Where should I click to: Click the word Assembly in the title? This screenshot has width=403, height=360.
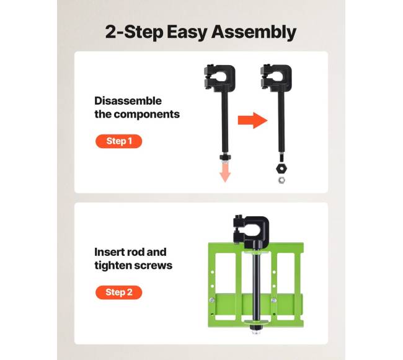click(x=254, y=32)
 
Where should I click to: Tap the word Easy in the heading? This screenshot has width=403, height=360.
click(x=187, y=32)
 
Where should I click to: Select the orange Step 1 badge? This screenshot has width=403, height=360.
click(x=119, y=141)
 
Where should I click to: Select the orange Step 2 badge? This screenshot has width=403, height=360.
click(x=119, y=292)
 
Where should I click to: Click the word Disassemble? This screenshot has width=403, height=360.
click(x=128, y=100)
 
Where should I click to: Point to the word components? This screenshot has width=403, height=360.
click(x=146, y=115)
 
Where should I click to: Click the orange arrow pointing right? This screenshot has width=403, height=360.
click(x=252, y=120)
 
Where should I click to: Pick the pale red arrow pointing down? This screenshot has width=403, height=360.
click(x=225, y=172)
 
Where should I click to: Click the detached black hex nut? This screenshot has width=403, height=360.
click(x=281, y=169)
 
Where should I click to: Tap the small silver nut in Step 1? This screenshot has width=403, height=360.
click(x=281, y=180)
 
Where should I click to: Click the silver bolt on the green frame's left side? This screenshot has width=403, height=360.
click(x=212, y=300)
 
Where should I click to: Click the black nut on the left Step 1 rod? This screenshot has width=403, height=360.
click(x=225, y=157)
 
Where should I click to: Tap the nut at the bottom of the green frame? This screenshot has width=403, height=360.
click(x=256, y=328)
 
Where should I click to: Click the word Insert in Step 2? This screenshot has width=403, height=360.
click(x=108, y=252)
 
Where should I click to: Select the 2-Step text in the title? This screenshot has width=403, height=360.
click(x=134, y=32)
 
